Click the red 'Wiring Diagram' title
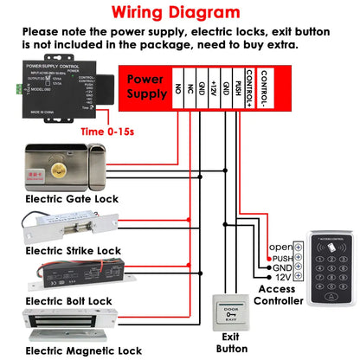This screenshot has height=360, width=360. point(180,13)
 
